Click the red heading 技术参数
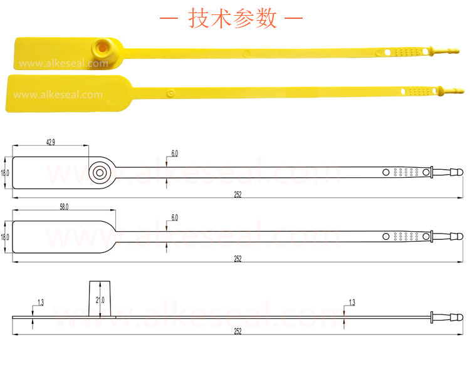[232, 18]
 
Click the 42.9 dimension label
[51, 142]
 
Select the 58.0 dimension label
[64, 207]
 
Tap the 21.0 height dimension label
[100, 300]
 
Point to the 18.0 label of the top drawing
[5, 173]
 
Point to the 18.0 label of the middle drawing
[5, 237]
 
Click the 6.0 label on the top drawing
[174, 153]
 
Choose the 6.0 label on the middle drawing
[174, 217]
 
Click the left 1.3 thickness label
[41, 302]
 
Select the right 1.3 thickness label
[352, 302]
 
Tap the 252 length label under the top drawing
[238, 195]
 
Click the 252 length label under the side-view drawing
[238, 331]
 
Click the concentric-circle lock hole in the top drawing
[100, 173]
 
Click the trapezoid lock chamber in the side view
[100, 298]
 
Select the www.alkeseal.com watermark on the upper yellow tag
[63, 63]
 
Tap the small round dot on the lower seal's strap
[171, 93]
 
